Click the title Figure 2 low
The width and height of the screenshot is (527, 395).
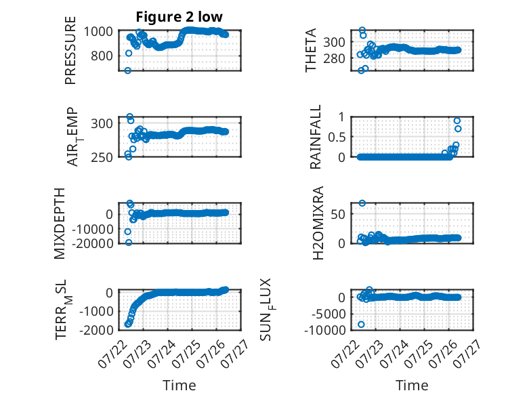point(179,17)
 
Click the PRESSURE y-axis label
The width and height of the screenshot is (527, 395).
point(70,50)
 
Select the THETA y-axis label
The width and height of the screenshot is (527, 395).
point(311,50)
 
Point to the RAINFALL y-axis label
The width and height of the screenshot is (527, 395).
point(316,137)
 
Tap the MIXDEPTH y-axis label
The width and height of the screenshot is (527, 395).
point(59,224)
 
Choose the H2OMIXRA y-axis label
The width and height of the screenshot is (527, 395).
point(318,223)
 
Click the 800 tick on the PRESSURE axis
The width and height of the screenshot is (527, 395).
point(102,56)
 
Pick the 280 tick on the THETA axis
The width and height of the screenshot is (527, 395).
point(334,58)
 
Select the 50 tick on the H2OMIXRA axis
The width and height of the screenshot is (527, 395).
point(338,214)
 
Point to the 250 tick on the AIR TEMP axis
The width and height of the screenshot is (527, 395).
point(102,157)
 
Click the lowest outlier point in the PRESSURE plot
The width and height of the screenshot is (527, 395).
point(128,70)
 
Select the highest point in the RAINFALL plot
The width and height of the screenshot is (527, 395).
point(457,121)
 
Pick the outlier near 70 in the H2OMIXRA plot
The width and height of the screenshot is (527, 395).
point(362,203)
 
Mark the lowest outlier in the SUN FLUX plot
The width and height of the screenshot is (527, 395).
point(361,325)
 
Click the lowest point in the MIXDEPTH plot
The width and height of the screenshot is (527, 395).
point(129,243)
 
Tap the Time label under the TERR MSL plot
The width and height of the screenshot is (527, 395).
point(179,385)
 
